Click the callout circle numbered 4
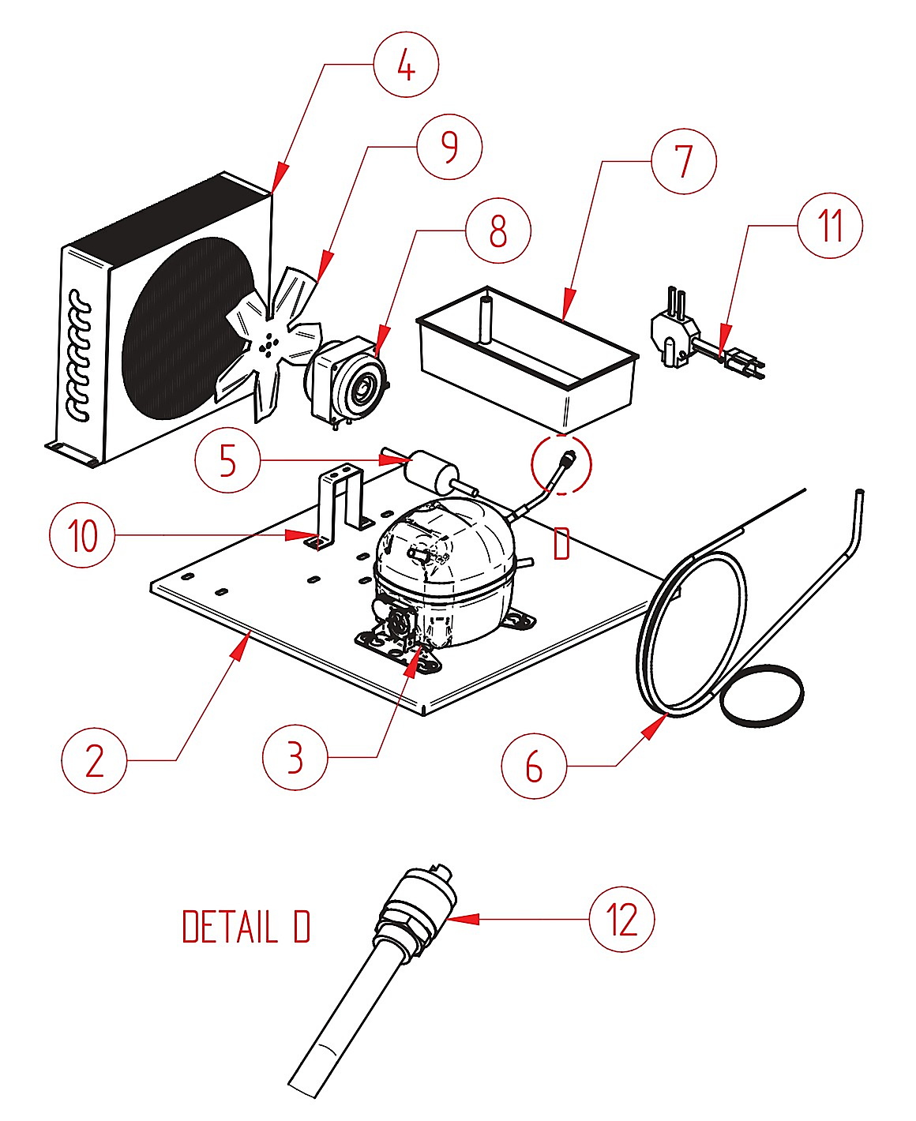(406, 64)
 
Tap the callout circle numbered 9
(450, 147)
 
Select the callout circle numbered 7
(684, 161)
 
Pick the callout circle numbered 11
(830, 225)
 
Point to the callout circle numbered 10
(82, 534)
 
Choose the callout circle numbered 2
(94, 760)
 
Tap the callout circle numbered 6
(534, 766)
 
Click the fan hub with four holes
(268, 346)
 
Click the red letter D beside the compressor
(561, 544)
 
